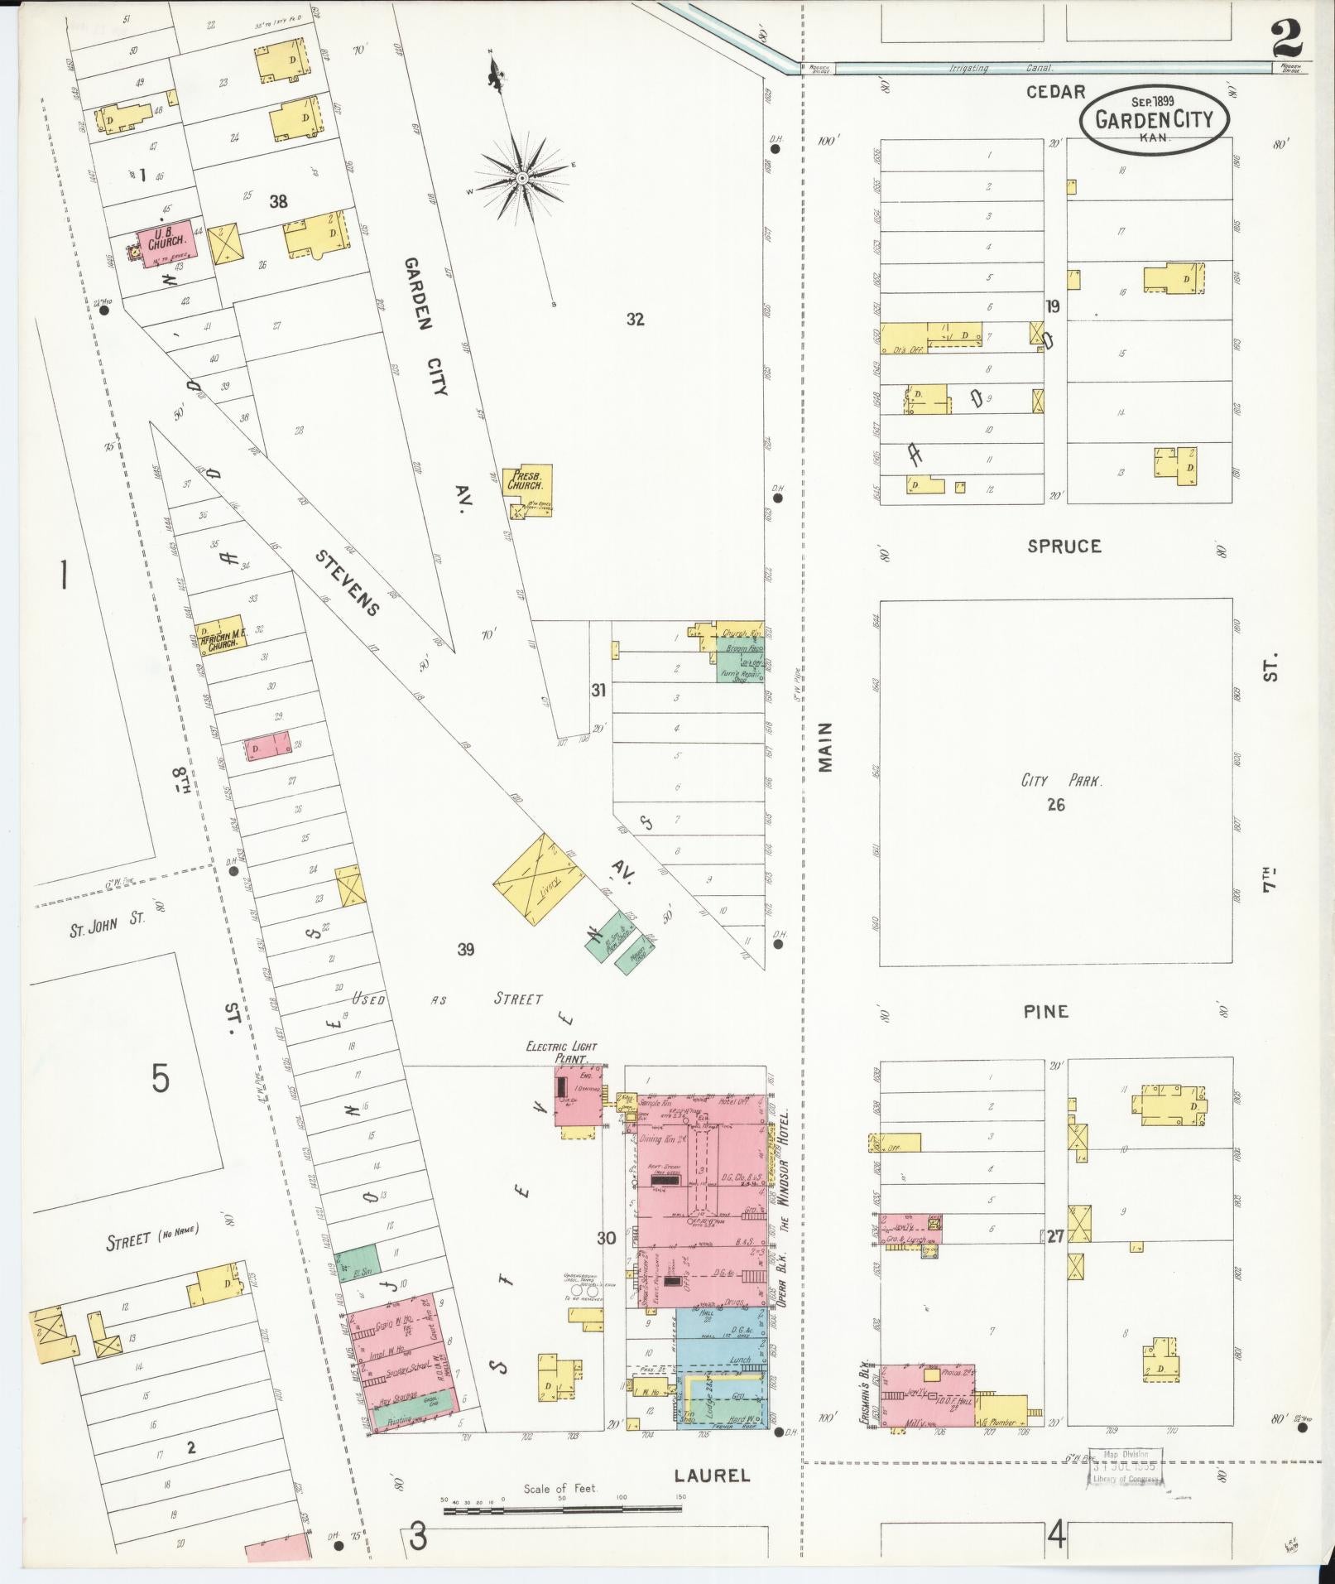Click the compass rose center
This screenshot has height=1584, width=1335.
coord(522,178)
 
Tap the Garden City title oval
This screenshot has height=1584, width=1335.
coord(1154,120)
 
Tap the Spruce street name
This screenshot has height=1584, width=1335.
coord(1064,546)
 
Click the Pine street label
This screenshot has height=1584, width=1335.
coord(1046,1011)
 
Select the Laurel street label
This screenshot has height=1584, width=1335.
coord(711,1474)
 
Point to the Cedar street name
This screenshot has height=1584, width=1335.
coord(1054,92)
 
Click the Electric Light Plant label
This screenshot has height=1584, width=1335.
coord(562,1052)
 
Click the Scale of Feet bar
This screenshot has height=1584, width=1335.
coord(563,1509)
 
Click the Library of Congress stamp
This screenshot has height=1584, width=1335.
coord(1124,1466)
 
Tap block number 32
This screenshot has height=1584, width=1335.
coord(635,320)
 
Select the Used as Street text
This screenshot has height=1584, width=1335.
coord(447,999)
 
